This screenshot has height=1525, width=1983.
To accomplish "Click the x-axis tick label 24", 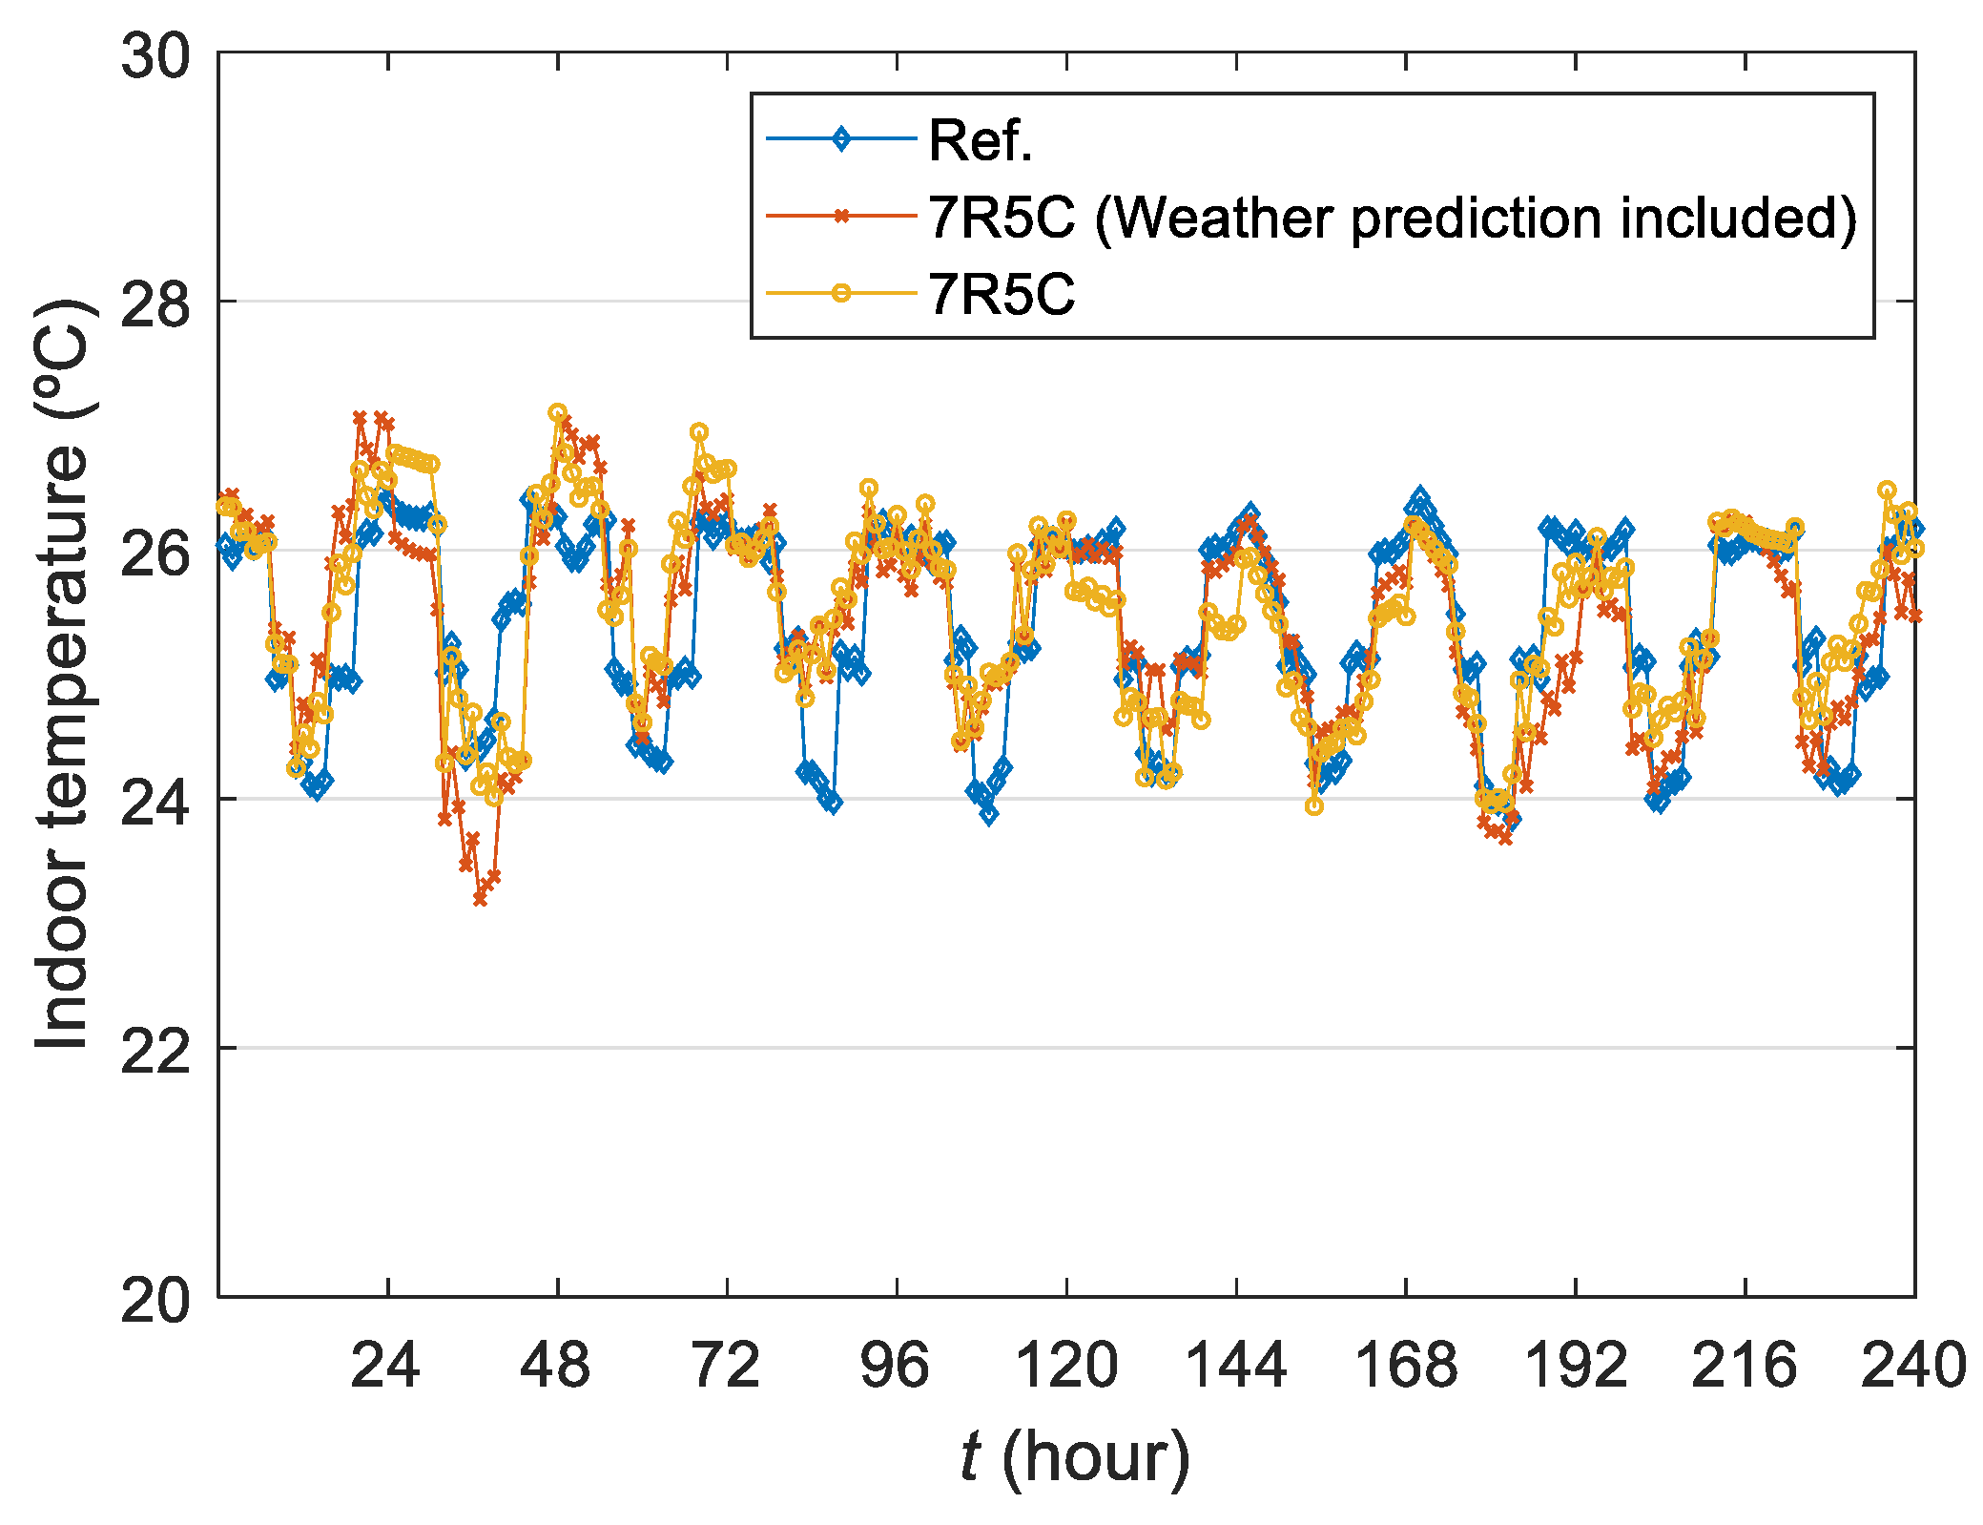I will coord(385,1366).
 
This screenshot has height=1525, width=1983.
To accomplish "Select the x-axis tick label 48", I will coord(555,1366).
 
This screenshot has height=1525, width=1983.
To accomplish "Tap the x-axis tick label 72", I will coord(726,1366).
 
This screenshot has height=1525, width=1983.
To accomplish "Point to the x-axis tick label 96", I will coord(895,1366).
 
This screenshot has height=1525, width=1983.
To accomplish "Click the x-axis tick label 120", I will coord(1066,1366).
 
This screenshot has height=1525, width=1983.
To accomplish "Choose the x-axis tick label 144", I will coord(1235,1366).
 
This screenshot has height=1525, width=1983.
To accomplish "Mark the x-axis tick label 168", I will coord(1406,1366).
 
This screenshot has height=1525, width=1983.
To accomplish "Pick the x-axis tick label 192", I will coord(1576,1366).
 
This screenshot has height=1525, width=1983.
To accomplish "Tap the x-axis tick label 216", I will coord(1745,1366).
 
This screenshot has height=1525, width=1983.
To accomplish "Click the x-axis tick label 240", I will coord(1913,1366).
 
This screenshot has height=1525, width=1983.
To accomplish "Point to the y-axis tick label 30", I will coord(155,56).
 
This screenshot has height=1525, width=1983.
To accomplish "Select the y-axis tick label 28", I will coord(155,303).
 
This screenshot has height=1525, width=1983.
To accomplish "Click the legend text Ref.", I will coord(981,141).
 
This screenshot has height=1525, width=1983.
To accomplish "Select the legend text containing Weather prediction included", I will coord(1393,218).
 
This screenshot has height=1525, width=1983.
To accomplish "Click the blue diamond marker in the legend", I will coord(841,139).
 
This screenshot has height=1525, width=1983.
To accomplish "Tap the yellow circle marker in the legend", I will coord(841,293).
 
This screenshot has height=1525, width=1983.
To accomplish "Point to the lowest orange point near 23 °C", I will coord(480,899).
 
